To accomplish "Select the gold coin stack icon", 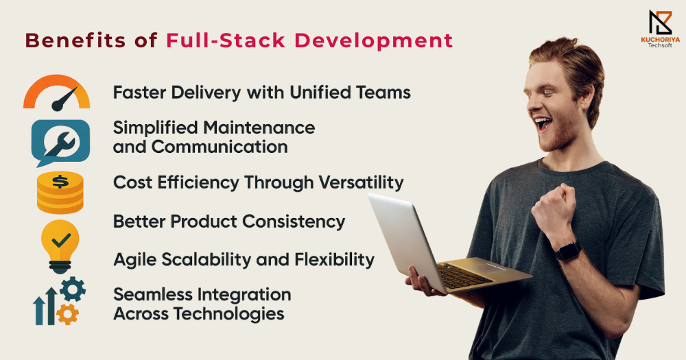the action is pyautogui.click(x=60, y=193).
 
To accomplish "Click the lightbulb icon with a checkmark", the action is pyautogui.click(x=60, y=246).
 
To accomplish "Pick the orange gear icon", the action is pyautogui.click(x=68, y=313).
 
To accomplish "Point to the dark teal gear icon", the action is pyautogui.click(x=73, y=289).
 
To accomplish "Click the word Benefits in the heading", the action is pyautogui.click(x=75, y=40).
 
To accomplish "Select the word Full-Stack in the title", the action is pyautogui.click(x=226, y=40).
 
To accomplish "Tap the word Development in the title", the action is pyautogui.click(x=374, y=41).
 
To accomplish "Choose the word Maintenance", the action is pyautogui.click(x=259, y=128).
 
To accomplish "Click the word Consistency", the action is pyautogui.click(x=294, y=221).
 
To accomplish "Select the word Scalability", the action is pyautogui.click(x=206, y=260).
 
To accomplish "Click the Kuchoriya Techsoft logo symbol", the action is pyautogui.click(x=660, y=23).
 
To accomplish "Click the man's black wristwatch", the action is pyautogui.click(x=568, y=252).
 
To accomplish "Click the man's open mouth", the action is pyautogui.click(x=543, y=123).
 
